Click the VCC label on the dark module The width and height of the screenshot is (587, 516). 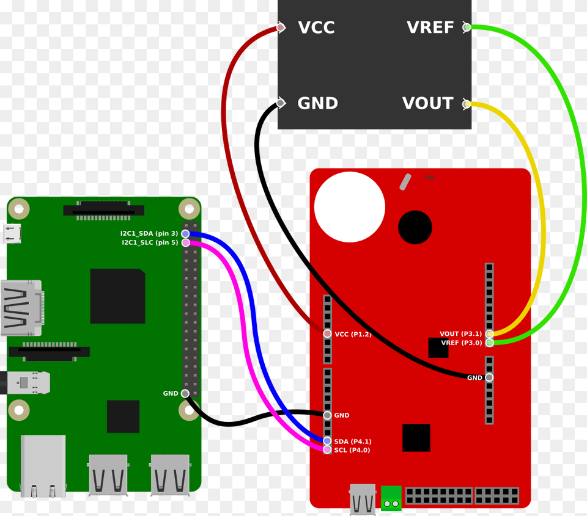click(x=316, y=27)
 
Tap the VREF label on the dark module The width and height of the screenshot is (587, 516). click(x=430, y=27)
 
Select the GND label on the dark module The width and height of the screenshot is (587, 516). click(x=317, y=103)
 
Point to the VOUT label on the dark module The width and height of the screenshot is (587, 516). click(x=427, y=103)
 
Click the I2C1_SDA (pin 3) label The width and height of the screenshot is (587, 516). click(x=149, y=234)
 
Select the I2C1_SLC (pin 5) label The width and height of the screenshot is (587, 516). click(x=150, y=242)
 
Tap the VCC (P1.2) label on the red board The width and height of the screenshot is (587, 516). click(x=353, y=334)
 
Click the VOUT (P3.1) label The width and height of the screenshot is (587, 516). click(x=460, y=334)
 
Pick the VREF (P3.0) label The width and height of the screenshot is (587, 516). click(x=461, y=343)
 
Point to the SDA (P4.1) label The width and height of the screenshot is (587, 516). click(x=353, y=441)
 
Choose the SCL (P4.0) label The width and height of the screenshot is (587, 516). click(x=352, y=450)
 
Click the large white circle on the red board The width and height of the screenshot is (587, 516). click(x=349, y=207)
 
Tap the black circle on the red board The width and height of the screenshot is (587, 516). click(x=415, y=227)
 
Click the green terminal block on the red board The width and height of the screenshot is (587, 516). click(x=391, y=498)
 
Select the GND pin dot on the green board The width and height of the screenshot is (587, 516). click(x=185, y=393)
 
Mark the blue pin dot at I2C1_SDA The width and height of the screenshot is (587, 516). click(x=185, y=234)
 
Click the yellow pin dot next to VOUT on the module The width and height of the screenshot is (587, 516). click(x=467, y=104)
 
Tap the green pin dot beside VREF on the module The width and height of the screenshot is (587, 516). click(x=467, y=27)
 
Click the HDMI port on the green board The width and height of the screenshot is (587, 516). click(x=21, y=308)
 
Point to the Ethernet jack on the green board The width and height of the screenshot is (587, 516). click(x=43, y=465)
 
